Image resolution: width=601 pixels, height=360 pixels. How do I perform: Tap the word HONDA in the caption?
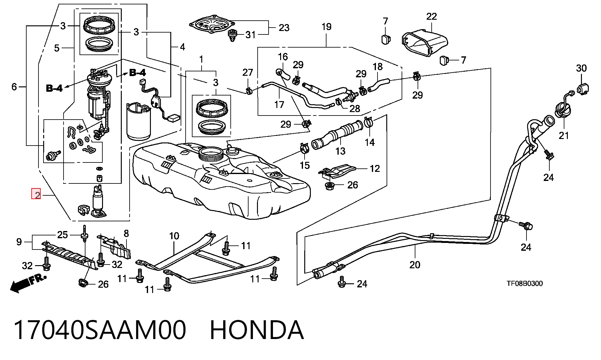pyautogui.click(x=257, y=330)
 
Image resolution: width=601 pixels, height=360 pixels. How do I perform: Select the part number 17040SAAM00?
pyautogui.click(x=100, y=330)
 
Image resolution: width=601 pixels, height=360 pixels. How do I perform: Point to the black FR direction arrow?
pyautogui.click(x=28, y=284)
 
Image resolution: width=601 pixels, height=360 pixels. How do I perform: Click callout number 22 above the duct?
pyautogui.click(x=431, y=16)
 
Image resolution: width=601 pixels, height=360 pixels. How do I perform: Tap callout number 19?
pyautogui.click(x=326, y=26)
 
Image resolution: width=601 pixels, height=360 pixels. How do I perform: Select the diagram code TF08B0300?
pyautogui.click(x=525, y=284)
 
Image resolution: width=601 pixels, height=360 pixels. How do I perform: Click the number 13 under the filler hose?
pyautogui.click(x=340, y=151)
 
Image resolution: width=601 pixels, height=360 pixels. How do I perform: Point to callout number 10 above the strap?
pyautogui.click(x=174, y=236)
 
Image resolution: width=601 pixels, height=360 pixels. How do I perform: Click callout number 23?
pyautogui.click(x=284, y=28)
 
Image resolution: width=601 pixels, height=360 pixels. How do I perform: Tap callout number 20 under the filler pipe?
pyautogui.click(x=415, y=265)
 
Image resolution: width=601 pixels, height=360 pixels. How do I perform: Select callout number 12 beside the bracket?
pyautogui.click(x=375, y=169)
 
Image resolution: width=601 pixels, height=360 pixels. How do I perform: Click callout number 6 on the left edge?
pyautogui.click(x=14, y=86)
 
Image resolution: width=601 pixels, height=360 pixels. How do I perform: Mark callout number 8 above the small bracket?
pyautogui.click(x=126, y=233)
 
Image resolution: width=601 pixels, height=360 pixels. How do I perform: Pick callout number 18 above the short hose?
pyautogui.click(x=378, y=67)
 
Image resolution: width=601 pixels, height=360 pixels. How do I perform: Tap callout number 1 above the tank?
pyautogui.click(x=201, y=59)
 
